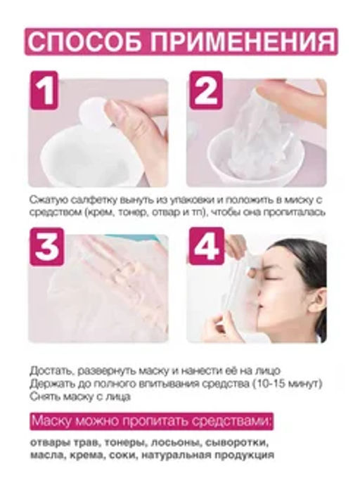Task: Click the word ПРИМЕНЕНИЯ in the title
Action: click(x=237, y=41)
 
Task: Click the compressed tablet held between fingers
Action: click(x=93, y=108)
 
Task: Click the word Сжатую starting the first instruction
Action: click(x=48, y=199)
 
